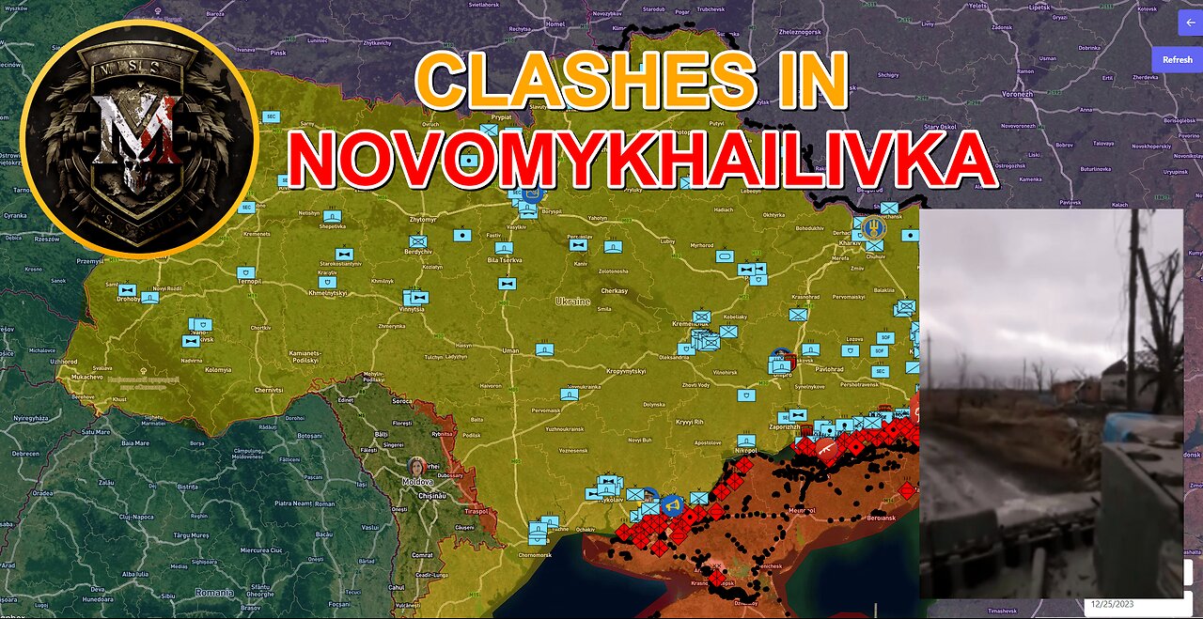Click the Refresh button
tap(1177, 59)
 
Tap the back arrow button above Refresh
tap(1191, 23)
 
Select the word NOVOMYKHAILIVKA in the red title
tap(641, 160)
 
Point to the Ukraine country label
tap(572, 302)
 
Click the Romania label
tap(214, 593)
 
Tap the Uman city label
tap(510, 350)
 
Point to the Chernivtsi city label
tap(268, 390)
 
